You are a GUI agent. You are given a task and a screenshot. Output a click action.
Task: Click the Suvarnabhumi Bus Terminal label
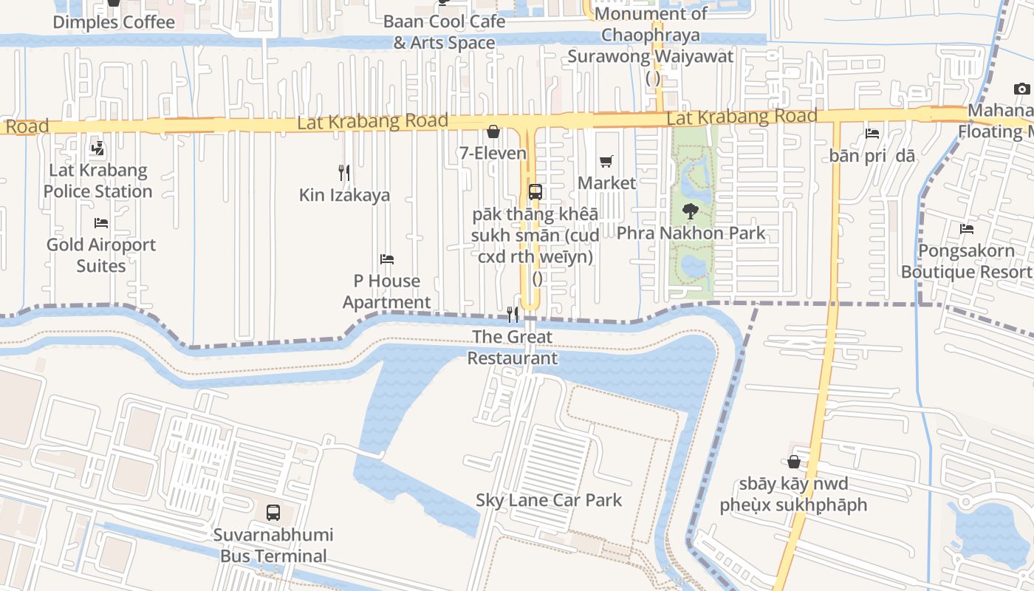(x=273, y=545)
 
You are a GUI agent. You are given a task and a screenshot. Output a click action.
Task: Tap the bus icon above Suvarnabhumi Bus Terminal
(x=273, y=512)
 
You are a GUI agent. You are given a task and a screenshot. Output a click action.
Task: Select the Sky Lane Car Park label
(x=549, y=500)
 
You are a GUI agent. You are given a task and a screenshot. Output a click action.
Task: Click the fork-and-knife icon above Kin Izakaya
(x=344, y=173)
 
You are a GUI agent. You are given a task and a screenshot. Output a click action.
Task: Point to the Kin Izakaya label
(x=344, y=196)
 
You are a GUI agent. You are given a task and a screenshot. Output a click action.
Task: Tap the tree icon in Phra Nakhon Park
(x=691, y=211)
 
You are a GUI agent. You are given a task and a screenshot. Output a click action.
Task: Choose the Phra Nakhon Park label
(x=691, y=233)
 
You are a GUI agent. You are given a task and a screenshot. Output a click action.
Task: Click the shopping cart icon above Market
(x=606, y=161)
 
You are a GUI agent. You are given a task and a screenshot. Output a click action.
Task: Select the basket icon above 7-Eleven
(x=493, y=132)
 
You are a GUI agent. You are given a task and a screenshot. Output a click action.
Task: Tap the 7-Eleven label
(x=493, y=154)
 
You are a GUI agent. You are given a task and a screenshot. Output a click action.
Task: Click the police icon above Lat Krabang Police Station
(x=97, y=148)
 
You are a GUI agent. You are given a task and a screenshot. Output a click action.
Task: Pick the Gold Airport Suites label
(x=101, y=255)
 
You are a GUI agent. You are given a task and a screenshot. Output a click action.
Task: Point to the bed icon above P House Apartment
(x=387, y=259)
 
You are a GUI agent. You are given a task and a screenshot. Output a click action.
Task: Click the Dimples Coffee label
(x=114, y=22)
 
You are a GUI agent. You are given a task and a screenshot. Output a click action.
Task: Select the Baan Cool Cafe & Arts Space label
(x=444, y=32)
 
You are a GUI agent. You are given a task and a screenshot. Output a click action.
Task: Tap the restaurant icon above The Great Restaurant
(x=513, y=315)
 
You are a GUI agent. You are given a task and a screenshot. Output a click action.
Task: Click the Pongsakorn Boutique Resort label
(x=966, y=262)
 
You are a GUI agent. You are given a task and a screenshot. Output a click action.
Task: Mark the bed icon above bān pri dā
(x=872, y=134)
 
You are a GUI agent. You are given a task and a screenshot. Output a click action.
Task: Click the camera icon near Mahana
(x=1022, y=89)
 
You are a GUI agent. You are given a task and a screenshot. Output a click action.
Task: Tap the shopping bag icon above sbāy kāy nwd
(x=794, y=462)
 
